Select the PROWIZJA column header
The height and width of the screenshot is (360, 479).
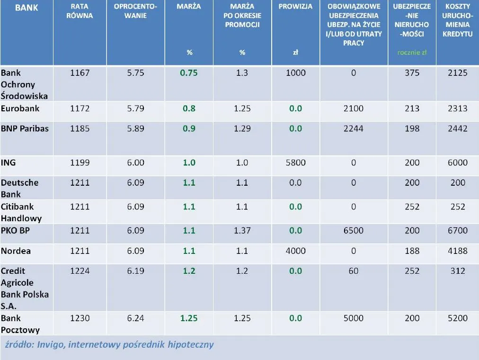click(295, 7)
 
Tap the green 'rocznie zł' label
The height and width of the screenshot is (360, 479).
click(412, 53)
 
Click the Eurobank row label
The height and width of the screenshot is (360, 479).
click(20, 108)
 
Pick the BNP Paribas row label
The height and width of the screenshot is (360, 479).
click(25, 128)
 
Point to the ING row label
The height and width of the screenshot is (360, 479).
click(9, 162)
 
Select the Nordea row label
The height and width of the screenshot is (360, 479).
click(16, 251)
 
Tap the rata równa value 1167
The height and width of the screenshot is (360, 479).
click(80, 73)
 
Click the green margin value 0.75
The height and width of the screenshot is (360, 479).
click(189, 73)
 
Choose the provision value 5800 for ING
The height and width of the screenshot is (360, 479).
click(295, 162)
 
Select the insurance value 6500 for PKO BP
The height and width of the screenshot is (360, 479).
click(354, 231)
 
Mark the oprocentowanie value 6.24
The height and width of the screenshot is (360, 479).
click(135, 318)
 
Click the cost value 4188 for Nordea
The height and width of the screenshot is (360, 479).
click(457, 251)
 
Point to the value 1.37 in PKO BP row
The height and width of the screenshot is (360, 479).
click(242, 231)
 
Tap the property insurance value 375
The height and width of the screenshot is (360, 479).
click(412, 73)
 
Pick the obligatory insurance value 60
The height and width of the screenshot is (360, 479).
click(354, 271)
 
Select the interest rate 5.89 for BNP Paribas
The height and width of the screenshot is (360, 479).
click(135, 128)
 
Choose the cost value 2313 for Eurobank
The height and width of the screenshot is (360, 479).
click(457, 108)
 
